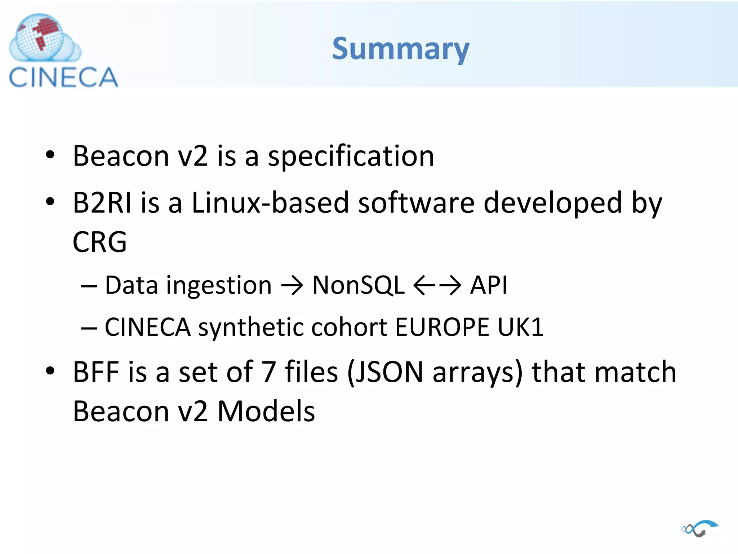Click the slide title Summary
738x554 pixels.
point(401,49)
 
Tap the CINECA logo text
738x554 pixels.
point(63,77)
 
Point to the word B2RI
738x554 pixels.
point(102,203)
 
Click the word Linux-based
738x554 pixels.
point(270,203)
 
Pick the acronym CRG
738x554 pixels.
point(99,242)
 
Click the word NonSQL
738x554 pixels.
point(358,285)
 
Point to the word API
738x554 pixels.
point(489,285)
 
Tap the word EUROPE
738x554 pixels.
point(442,327)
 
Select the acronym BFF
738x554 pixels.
point(96,372)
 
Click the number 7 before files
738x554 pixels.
point(268,372)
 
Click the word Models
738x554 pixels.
point(266,411)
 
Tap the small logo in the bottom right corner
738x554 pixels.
point(699,528)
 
